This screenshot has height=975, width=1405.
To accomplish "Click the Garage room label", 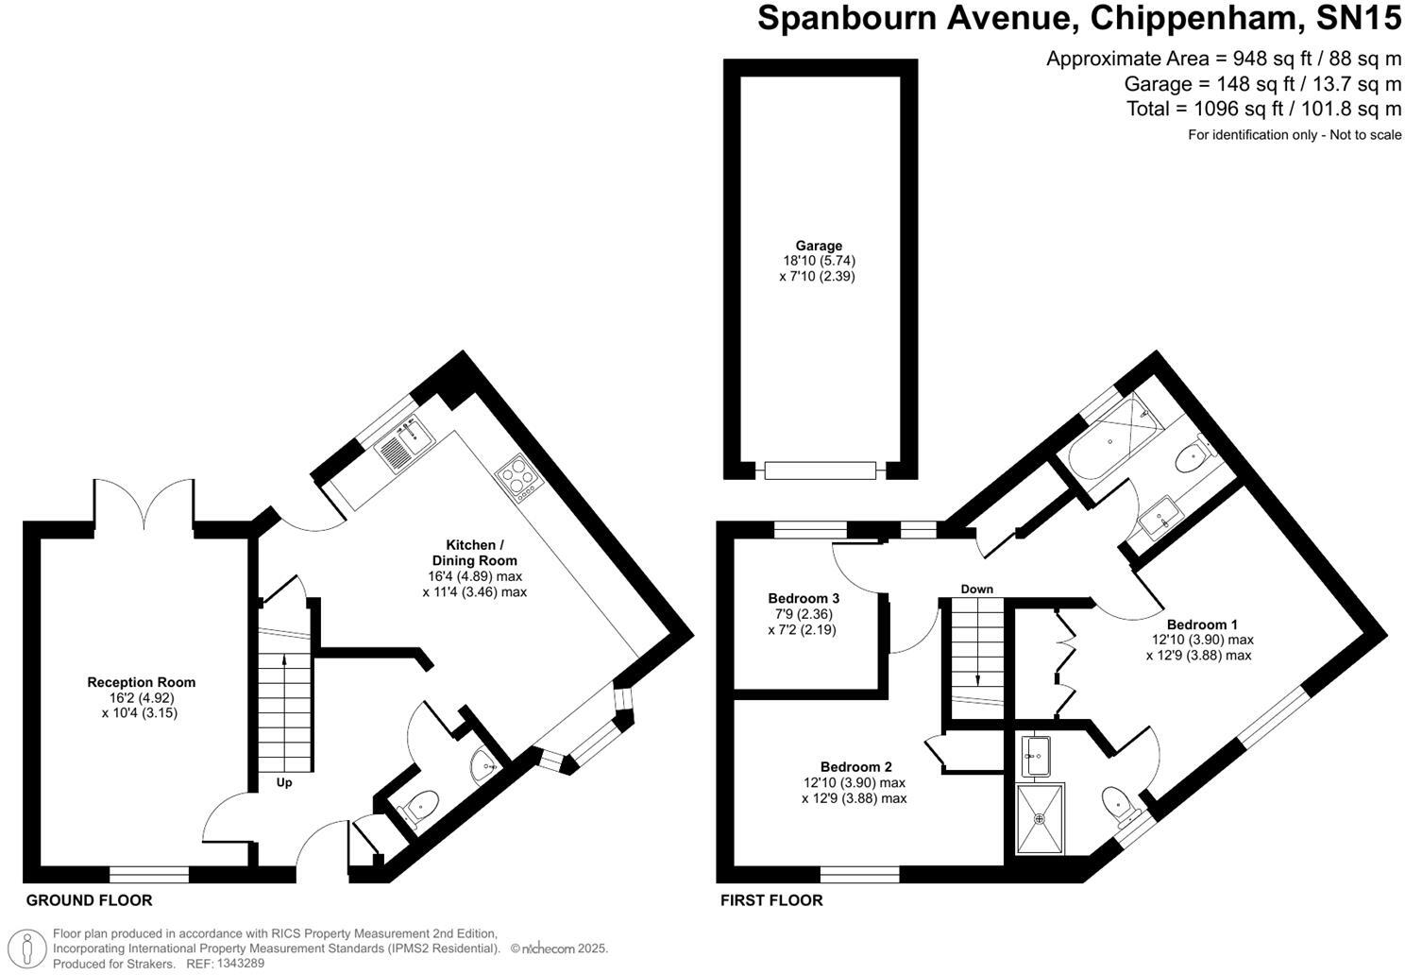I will [818, 247].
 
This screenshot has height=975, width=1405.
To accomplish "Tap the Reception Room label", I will [141, 682].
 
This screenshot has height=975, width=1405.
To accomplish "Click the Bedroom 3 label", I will [804, 598].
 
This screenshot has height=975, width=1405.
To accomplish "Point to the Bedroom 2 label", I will [855, 767].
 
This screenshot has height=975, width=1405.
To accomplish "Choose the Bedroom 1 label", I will [1201, 624].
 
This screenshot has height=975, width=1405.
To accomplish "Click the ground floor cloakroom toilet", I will [417, 808].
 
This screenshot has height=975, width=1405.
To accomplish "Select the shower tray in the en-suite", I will [1041, 817].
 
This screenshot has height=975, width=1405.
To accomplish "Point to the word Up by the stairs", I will [284, 783].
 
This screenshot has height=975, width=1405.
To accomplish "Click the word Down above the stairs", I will [977, 590].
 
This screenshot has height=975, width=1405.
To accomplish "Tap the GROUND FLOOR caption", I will [89, 900].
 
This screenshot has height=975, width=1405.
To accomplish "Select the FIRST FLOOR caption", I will [771, 900].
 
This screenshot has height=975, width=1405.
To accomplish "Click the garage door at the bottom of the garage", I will [820, 470].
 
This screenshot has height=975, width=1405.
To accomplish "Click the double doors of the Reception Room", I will [144, 503].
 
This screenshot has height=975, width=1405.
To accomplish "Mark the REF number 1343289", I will [241, 964].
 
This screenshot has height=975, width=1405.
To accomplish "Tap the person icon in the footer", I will [32, 948].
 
